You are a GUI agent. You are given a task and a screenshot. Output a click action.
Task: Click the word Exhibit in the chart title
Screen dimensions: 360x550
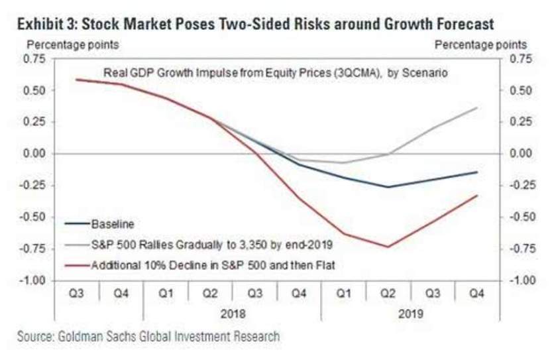[x=41, y=25]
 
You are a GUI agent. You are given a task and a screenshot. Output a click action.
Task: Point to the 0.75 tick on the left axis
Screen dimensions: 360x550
[x=32, y=58]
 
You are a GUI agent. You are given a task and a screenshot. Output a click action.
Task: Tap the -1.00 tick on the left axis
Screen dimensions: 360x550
[x=31, y=280]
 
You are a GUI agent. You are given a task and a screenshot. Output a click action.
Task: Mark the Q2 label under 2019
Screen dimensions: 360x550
[x=388, y=292]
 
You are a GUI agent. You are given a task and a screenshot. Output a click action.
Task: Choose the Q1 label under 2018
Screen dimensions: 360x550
[x=166, y=292]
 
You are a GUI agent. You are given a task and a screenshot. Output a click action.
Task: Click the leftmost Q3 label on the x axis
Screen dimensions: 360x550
[x=77, y=292]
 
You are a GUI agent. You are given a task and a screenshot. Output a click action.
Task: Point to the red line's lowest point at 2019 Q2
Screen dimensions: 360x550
[x=388, y=247]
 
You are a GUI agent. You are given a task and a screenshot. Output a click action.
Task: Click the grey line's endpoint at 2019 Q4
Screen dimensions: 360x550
[x=477, y=108]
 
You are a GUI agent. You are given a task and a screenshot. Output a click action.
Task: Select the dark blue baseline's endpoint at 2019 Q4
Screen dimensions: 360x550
[x=477, y=172]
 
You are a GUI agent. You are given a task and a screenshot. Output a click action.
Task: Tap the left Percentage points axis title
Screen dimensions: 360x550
[x=72, y=44]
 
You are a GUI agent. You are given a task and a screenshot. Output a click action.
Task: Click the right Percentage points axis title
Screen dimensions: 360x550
[x=480, y=44]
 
